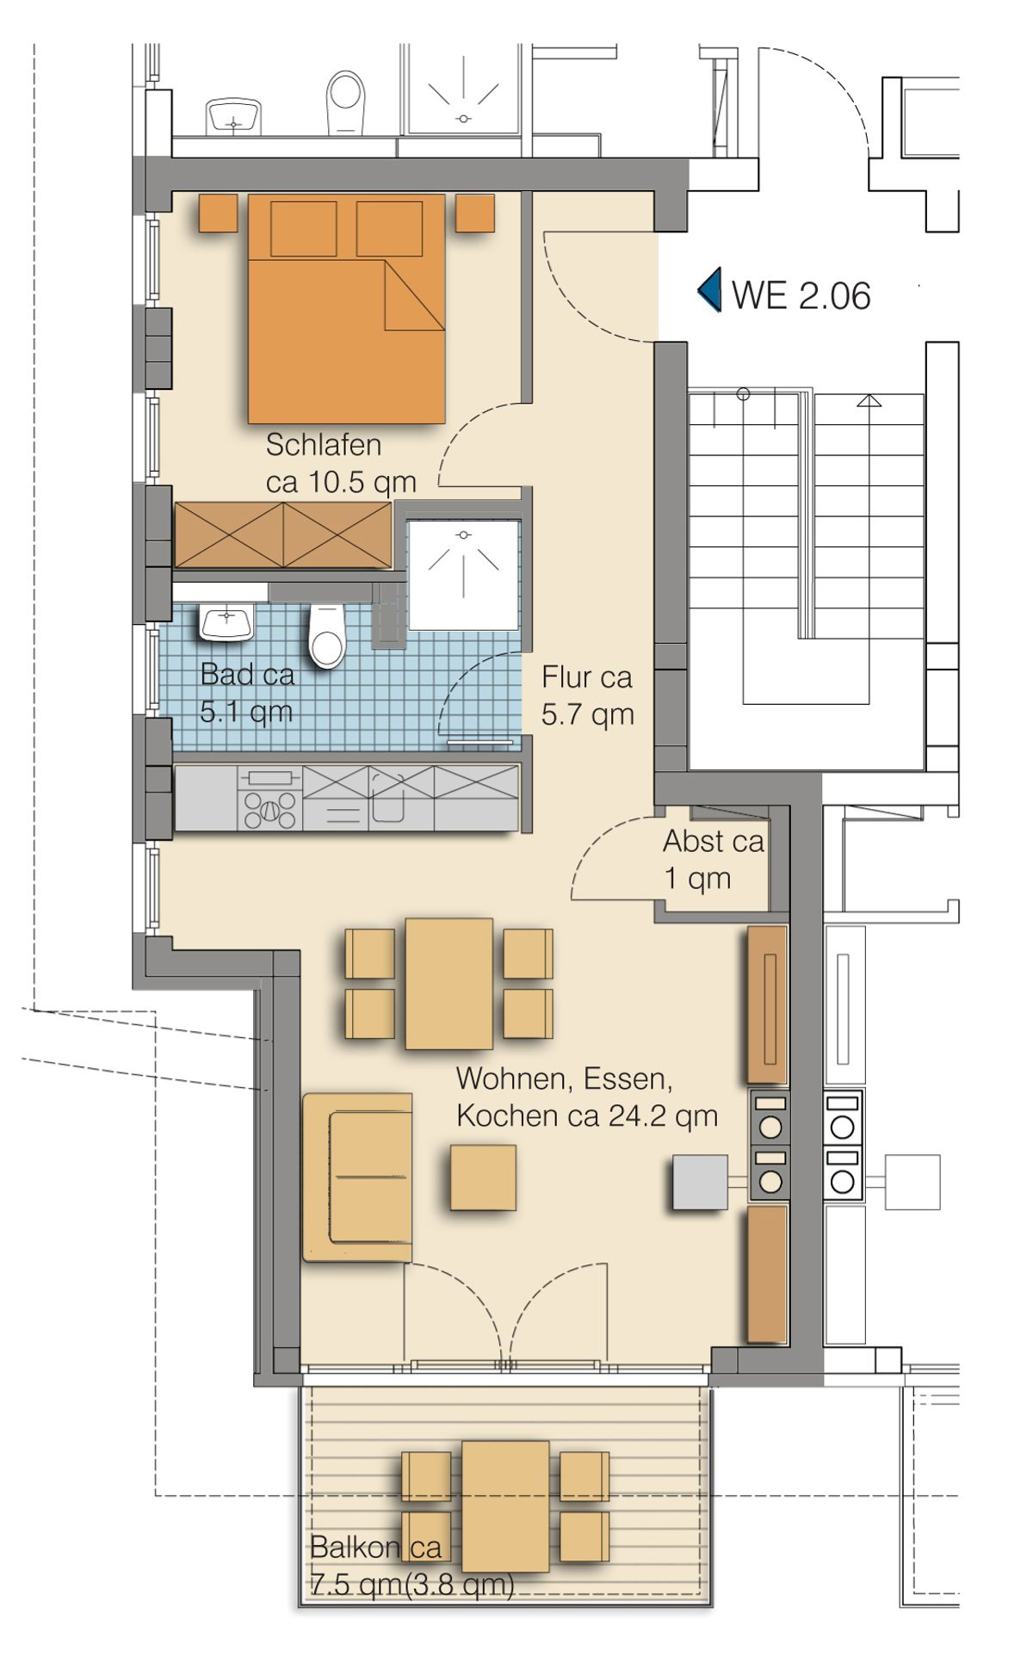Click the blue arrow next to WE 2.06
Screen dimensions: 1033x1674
click(x=709, y=290)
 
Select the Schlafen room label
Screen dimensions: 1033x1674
click(x=324, y=445)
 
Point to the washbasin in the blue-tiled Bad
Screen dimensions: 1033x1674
click(x=226, y=621)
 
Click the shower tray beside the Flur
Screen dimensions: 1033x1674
click(x=464, y=574)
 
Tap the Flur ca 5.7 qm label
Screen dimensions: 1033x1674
click(x=587, y=695)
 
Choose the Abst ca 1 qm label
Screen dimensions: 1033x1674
click(x=713, y=860)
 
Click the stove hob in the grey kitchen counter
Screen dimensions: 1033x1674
click(x=270, y=798)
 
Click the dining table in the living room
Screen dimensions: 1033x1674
click(x=449, y=983)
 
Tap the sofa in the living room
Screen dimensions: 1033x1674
click(x=357, y=1177)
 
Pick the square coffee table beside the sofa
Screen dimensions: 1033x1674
click(x=483, y=1177)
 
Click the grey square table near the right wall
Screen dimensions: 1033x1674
click(x=700, y=1183)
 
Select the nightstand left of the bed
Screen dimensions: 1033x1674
click(x=218, y=213)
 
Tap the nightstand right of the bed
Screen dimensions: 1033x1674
click(x=475, y=213)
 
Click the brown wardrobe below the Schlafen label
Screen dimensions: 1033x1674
click(x=283, y=535)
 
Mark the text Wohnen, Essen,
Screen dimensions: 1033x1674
click(x=564, y=1079)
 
